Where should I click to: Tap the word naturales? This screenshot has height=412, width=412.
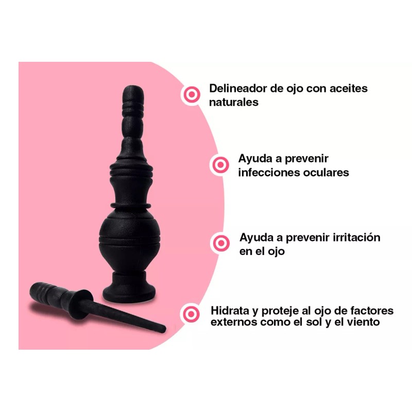[x=233, y=102]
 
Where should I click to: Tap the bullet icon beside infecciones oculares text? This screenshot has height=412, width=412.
[x=220, y=165]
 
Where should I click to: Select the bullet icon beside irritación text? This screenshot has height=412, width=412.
[x=221, y=243]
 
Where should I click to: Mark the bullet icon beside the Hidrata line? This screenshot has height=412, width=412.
[x=192, y=314]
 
